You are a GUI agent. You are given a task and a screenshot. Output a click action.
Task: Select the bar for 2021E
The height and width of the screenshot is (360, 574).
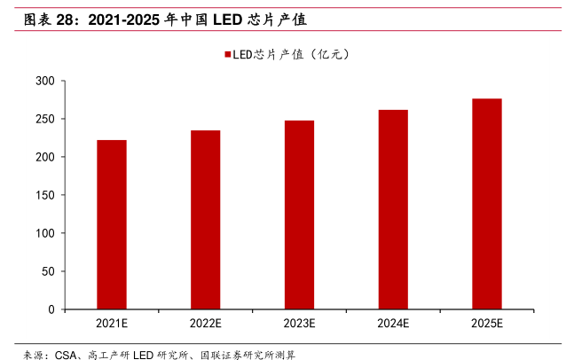coord(112,224)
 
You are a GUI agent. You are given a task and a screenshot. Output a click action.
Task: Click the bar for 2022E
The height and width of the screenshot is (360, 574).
coord(205,220)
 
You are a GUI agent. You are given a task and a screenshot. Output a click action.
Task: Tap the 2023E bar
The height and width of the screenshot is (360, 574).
coord(299,215)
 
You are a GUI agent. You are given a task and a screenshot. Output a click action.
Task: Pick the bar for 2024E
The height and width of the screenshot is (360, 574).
coord(393,209)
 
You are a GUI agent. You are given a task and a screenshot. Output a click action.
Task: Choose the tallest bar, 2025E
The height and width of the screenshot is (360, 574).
coord(486,204)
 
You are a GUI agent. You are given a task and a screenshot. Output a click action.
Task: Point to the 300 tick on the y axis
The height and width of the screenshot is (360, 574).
coord(46,81)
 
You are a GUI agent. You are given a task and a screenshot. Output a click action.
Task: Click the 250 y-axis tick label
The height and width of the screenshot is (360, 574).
coord(46,119)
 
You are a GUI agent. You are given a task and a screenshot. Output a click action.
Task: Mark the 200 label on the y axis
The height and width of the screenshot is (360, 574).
coord(46,157)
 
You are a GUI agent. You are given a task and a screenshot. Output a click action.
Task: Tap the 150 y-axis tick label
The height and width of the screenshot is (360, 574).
coord(46,195)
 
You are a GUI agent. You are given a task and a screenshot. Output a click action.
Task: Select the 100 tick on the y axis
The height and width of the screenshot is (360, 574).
coord(46,233)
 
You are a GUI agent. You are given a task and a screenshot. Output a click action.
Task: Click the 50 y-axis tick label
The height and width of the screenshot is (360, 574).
coord(50,271)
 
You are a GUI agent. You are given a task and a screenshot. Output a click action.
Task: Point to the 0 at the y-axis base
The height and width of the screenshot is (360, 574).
coord(52,309)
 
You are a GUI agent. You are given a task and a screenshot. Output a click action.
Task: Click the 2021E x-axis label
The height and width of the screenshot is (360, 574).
coord(112,324)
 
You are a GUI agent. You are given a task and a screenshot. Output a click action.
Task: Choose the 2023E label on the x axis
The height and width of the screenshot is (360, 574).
coord(299,324)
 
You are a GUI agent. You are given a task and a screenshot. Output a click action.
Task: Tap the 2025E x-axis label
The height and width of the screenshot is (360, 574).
coord(486,324)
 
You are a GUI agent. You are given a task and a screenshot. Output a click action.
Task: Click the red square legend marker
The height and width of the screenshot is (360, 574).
coord(227,54)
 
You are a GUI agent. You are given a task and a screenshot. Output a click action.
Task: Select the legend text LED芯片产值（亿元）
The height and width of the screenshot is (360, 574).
coord(293,54)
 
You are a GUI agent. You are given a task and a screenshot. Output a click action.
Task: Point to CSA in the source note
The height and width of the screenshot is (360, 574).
coord(67,354)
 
